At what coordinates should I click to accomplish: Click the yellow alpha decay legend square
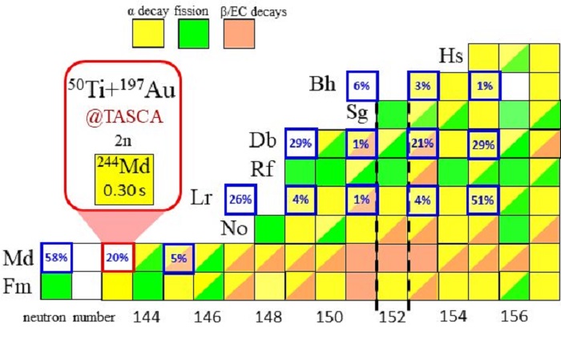(x=148, y=34)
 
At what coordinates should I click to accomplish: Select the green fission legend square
(x=194, y=34)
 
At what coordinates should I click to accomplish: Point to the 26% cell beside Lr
(x=240, y=199)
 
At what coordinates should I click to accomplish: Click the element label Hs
(x=450, y=55)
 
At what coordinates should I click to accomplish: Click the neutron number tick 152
(x=392, y=317)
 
